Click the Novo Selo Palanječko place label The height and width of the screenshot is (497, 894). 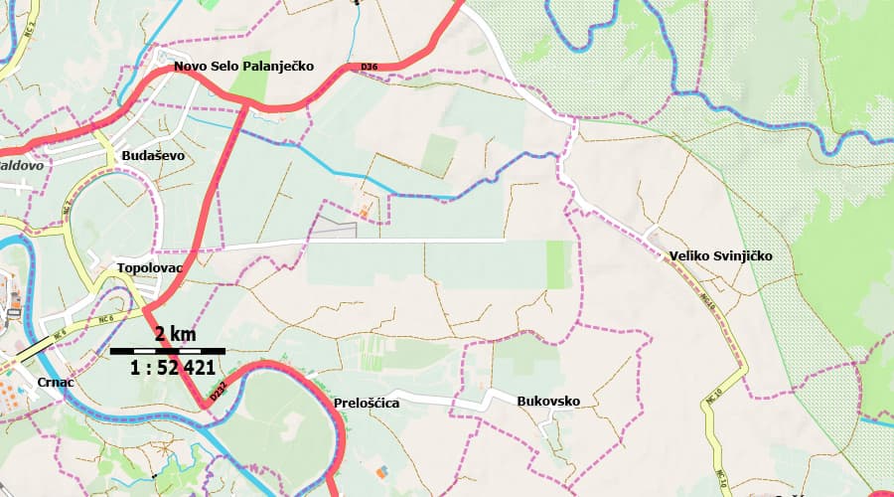[x=243, y=67]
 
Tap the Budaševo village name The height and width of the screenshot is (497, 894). [x=152, y=156]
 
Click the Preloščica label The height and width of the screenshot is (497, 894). [x=368, y=403]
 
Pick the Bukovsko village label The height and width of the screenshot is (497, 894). [x=548, y=401]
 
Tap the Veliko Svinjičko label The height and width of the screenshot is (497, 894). [x=720, y=255]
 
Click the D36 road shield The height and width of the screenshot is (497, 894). [x=370, y=67]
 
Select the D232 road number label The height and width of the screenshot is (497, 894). [x=219, y=394]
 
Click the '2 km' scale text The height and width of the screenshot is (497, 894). [x=175, y=333]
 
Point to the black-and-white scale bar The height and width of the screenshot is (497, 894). [x=167, y=351]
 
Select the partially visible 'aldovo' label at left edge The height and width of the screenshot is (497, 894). [x=21, y=166]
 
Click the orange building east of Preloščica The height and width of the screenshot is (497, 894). [x=383, y=470]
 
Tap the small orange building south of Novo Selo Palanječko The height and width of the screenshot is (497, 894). [x=368, y=211]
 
